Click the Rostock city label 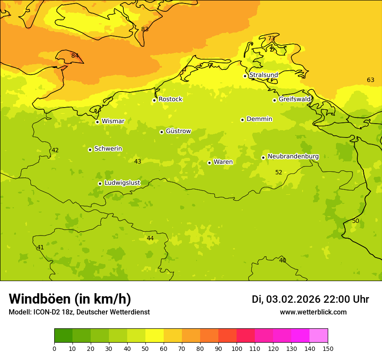[x=170, y=99]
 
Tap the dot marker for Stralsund [x=245, y=76]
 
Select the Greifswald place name [x=295, y=99]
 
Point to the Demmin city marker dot [x=242, y=120]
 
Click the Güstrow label [x=178, y=131]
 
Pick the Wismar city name [x=113, y=121]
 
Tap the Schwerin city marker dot [x=90, y=150]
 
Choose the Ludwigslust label [x=122, y=183]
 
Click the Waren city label [x=223, y=162]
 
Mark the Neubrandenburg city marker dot [x=263, y=157]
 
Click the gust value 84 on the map [x=75, y=56]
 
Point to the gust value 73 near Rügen [x=271, y=38]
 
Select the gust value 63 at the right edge [x=370, y=80]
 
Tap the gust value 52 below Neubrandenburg [x=279, y=172]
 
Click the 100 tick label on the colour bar [x=237, y=348]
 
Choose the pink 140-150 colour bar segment [x=319, y=336]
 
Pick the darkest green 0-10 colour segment [x=63, y=336]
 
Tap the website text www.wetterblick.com [x=313, y=312]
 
